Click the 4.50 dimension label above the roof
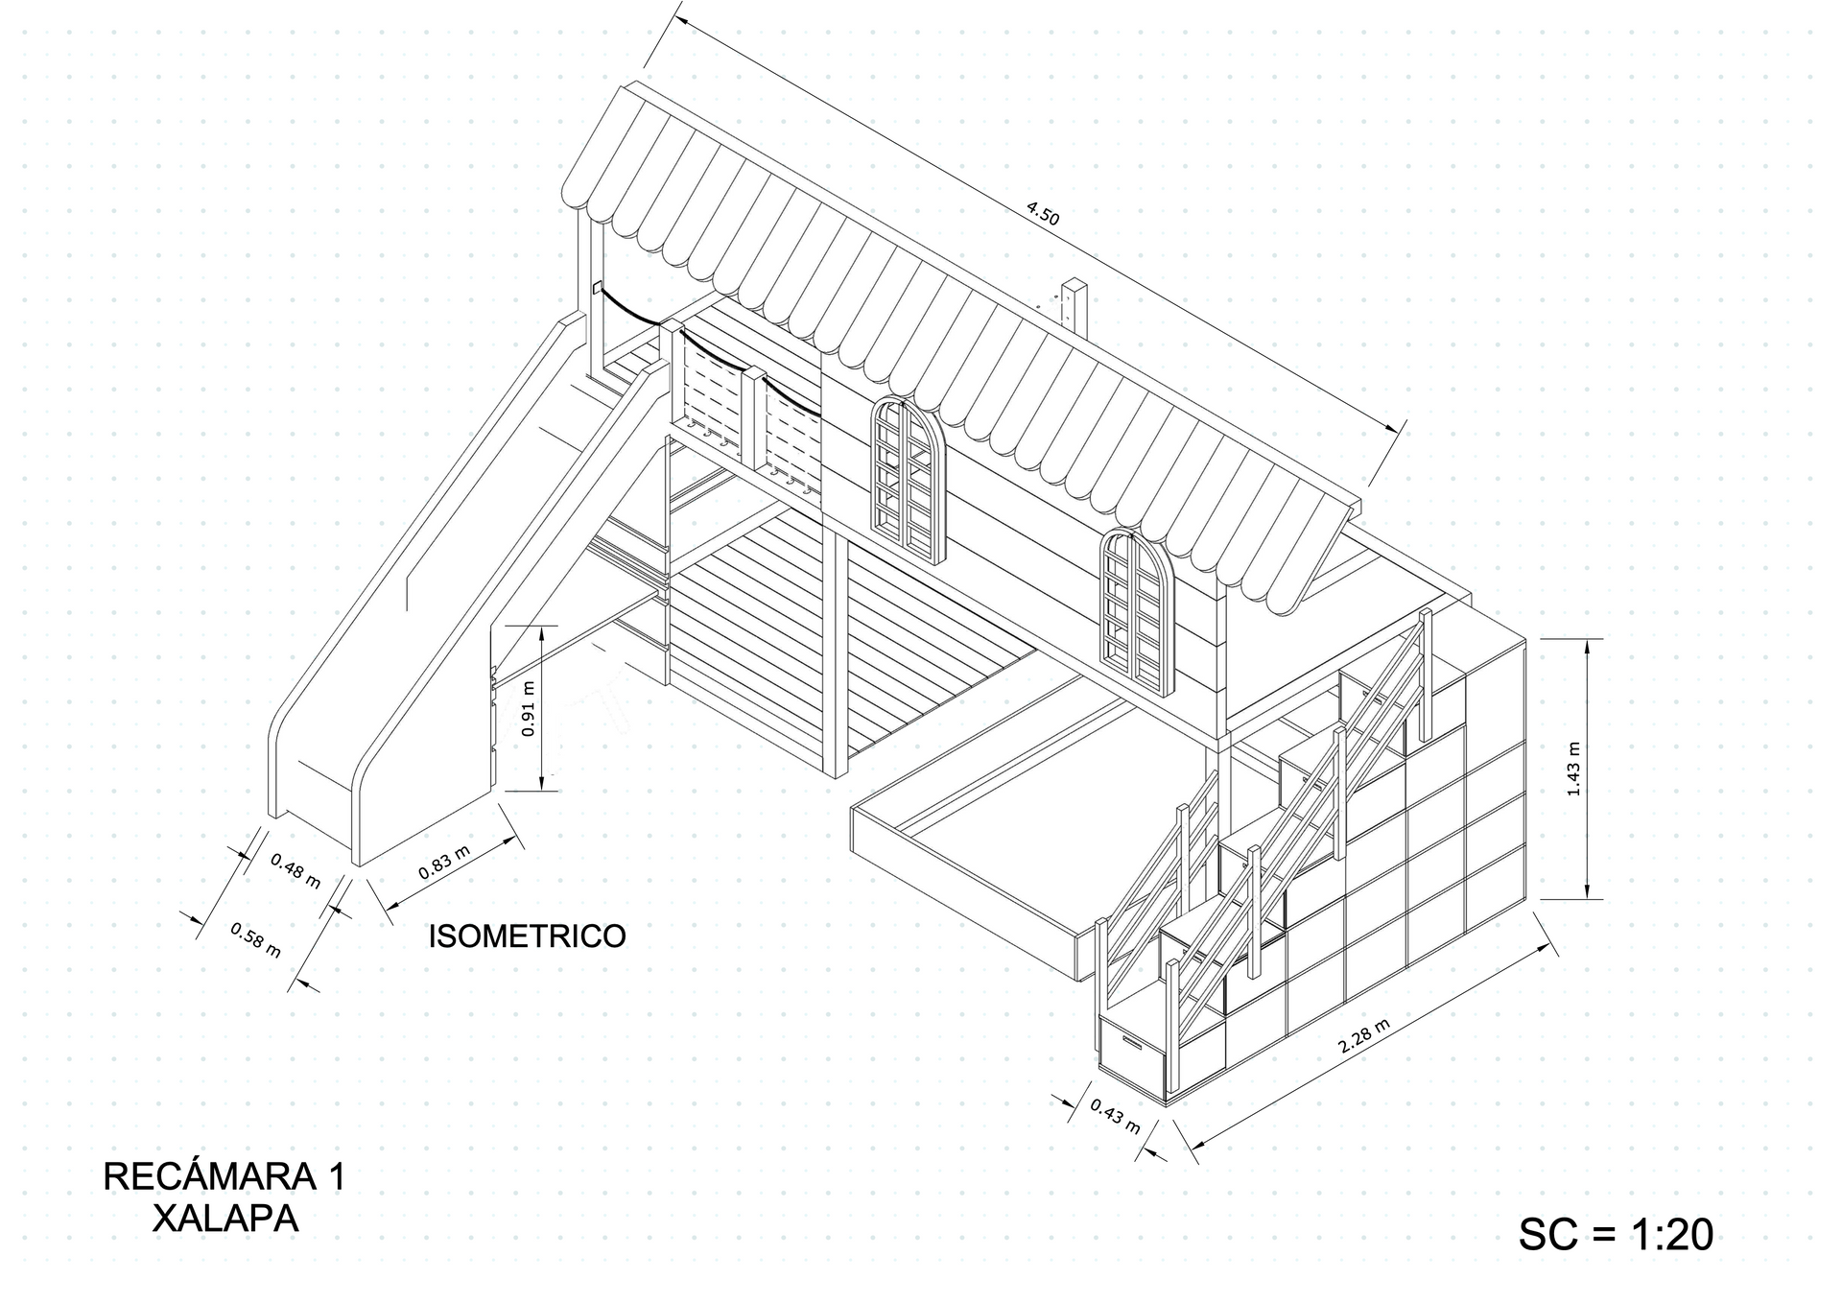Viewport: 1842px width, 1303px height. click(1043, 214)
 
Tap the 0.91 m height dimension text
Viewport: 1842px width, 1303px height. click(528, 708)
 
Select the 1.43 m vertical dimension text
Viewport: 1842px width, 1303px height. click(1573, 769)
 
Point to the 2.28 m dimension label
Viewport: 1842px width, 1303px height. click(1364, 1037)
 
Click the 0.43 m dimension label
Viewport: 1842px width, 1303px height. click(1116, 1115)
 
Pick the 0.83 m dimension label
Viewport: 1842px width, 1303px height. click(444, 863)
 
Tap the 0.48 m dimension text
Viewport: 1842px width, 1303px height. click(295, 870)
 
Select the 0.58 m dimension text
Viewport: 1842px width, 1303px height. click(256, 939)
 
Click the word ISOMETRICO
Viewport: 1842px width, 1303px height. click(527, 936)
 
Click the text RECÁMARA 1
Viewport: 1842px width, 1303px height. click(224, 1176)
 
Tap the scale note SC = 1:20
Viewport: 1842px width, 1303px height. click(1616, 1234)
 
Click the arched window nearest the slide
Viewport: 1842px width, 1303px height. click(908, 480)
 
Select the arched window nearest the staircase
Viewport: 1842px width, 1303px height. click(1137, 611)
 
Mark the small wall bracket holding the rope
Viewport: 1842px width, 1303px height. click(596, 287)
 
